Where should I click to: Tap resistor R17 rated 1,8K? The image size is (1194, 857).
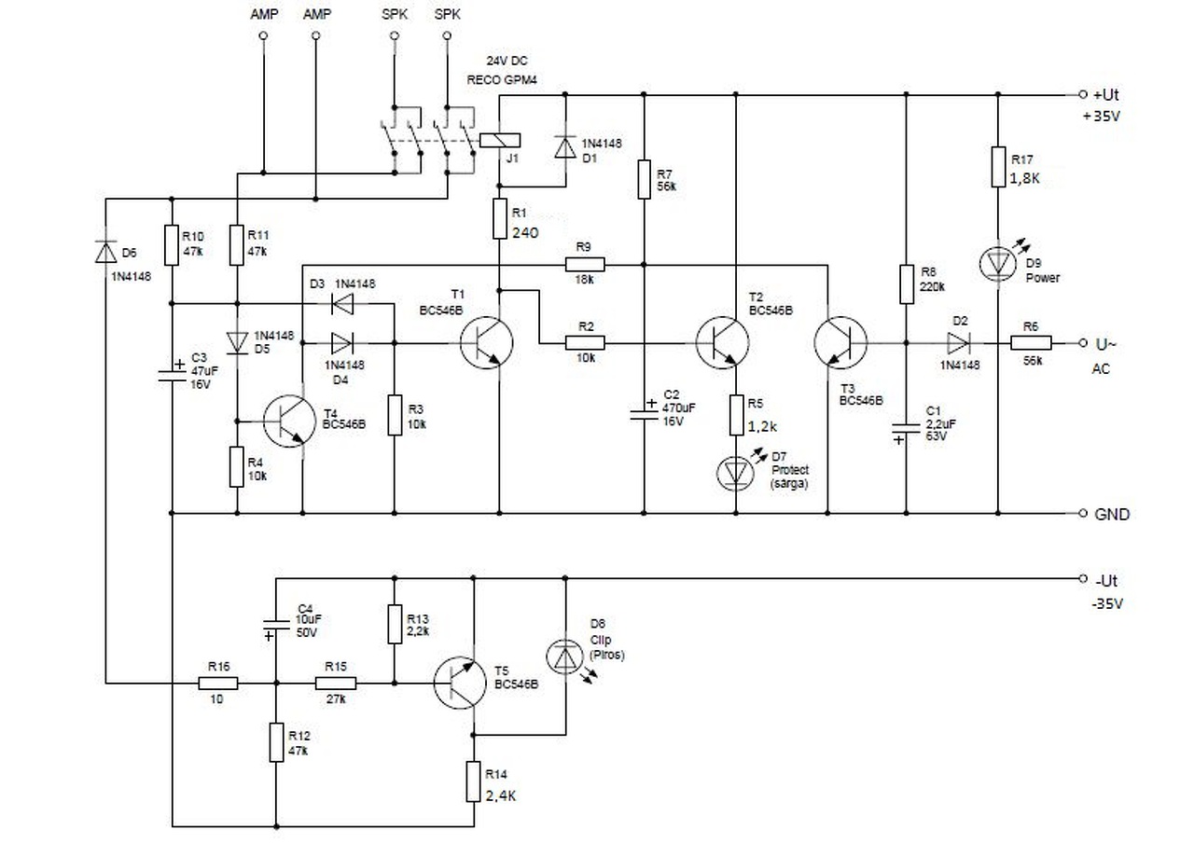tap(997, 168)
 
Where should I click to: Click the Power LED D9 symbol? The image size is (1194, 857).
tap(997, 264)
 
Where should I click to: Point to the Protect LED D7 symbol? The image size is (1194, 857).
tap(737, 473)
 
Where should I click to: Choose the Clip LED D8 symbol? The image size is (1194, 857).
tap(565, 657)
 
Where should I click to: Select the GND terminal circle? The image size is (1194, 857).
tap(1082, 514)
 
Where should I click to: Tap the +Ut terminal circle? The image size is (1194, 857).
tap(1082, 95)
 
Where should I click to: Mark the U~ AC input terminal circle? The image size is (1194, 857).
tap(1082, 343)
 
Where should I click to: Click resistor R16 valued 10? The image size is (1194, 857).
tap(218, 684)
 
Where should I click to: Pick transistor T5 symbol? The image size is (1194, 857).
tap(461, 684)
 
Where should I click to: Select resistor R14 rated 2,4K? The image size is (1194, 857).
tap(475, 781)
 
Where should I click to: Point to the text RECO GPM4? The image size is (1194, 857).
tap(503, 80)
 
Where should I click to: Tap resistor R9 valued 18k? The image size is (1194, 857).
tap(584, 264)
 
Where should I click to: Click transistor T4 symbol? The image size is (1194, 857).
tap(287, 421)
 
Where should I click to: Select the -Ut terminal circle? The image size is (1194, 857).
tap(1082, 578)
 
